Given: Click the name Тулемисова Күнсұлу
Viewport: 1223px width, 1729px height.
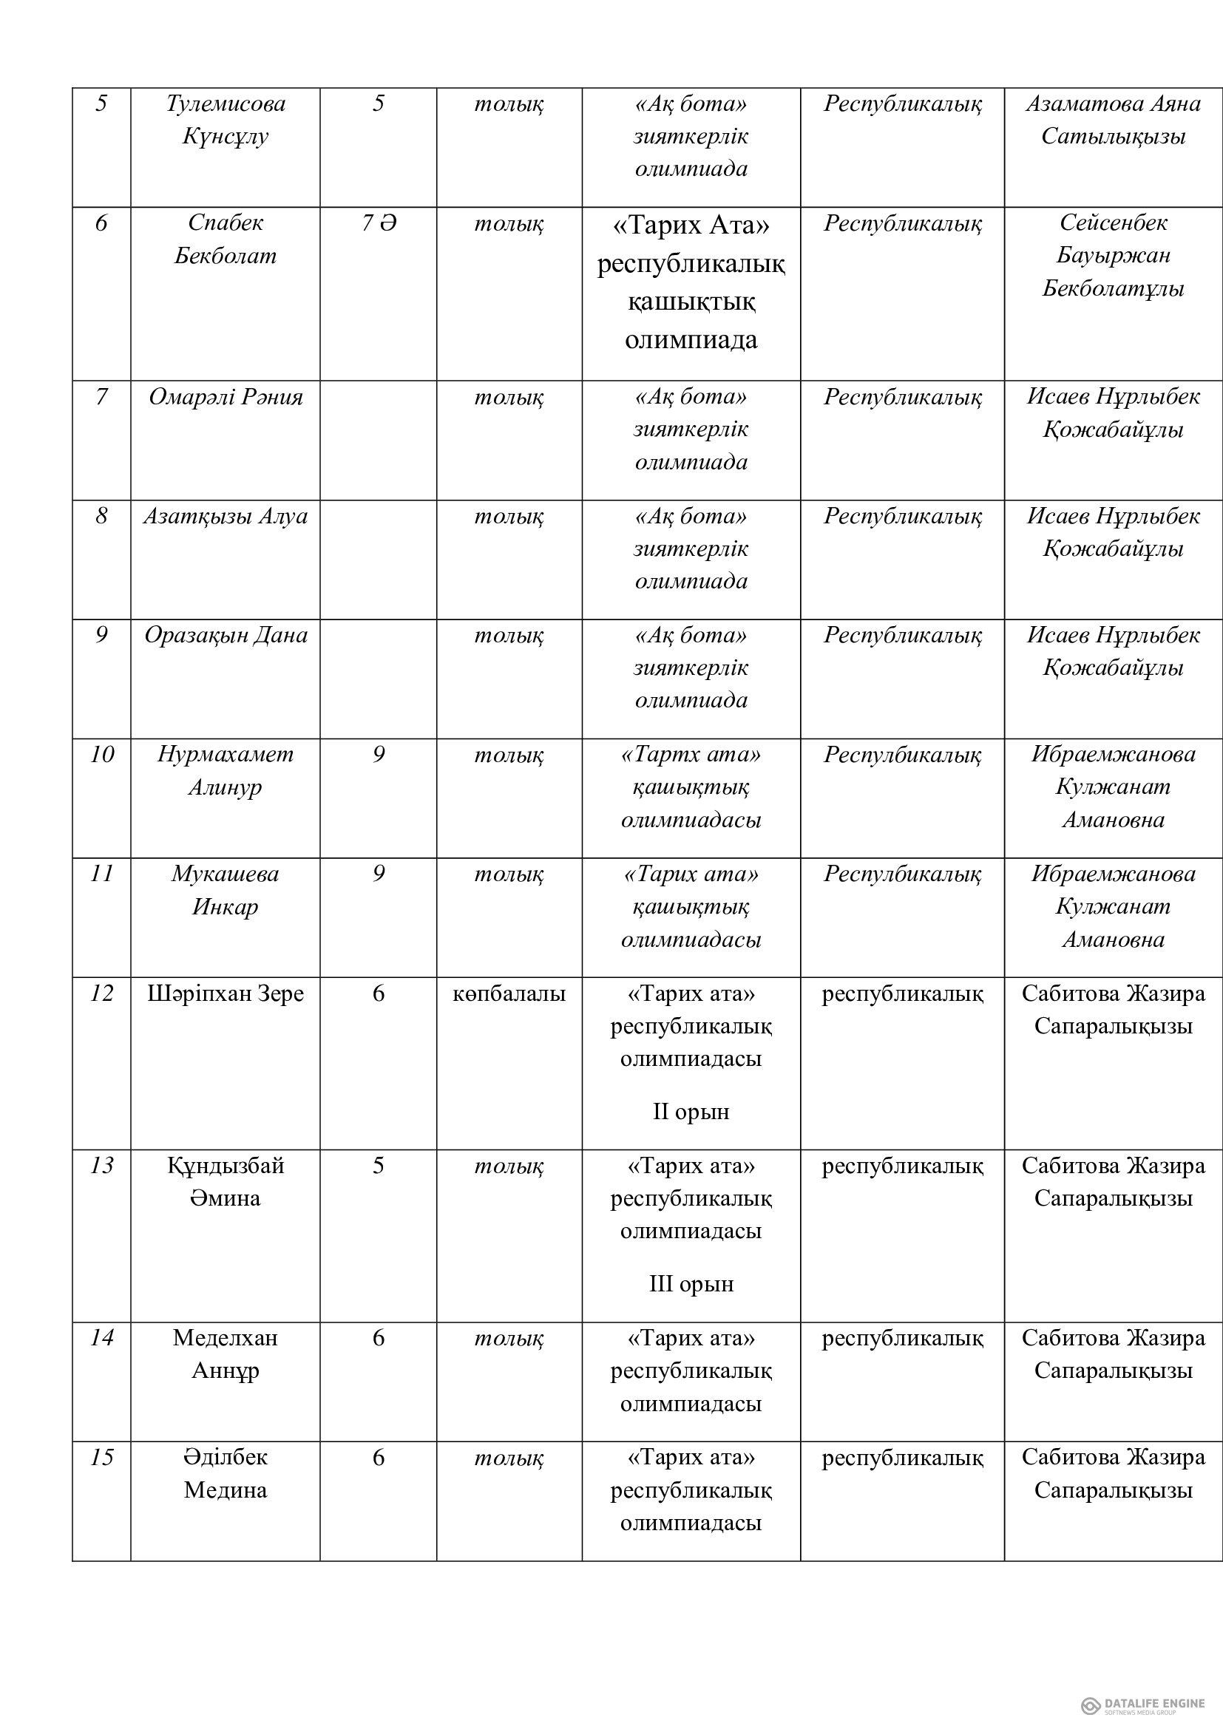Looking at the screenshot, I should (x=226, y=120).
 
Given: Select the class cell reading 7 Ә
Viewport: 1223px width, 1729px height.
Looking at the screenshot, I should (x=378, y=224).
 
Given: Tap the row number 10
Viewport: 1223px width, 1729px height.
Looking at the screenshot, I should (x=101, y=755).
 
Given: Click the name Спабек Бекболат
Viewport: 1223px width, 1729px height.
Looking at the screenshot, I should (x=226, y=240).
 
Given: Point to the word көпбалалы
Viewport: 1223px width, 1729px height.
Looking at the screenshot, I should (x=509, y=994).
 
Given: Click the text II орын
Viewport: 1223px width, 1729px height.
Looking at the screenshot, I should (x=691, y=1112).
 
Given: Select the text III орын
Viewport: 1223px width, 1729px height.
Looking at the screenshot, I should (x=691, y=1284).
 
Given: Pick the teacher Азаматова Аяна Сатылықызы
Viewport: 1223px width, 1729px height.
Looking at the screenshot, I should (x=1113, y=120).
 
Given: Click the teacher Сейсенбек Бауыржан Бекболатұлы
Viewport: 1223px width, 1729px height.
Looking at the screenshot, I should (x=1113, y=255).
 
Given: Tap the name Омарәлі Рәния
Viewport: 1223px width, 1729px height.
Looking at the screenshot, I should (x=226, y=397).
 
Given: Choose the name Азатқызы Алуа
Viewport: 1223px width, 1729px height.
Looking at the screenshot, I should (x=226, y=517).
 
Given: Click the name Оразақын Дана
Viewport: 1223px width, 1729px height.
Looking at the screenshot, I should (x=226, y=636).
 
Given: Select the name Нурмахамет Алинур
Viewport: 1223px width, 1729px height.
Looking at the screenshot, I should (x=226, y=770).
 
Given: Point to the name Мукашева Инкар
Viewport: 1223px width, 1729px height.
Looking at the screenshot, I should (x=226, y=890).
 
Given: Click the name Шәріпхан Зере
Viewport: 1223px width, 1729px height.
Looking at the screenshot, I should (x=226, y=994).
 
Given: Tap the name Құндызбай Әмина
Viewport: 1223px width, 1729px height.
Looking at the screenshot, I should (x=226, y=1182).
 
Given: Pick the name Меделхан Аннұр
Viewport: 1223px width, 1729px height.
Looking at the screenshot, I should (x=226, y=1355).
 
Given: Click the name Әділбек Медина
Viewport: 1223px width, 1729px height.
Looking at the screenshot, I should (x=226, y=1474).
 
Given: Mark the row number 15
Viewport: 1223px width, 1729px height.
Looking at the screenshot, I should (x=101, y=1458).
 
